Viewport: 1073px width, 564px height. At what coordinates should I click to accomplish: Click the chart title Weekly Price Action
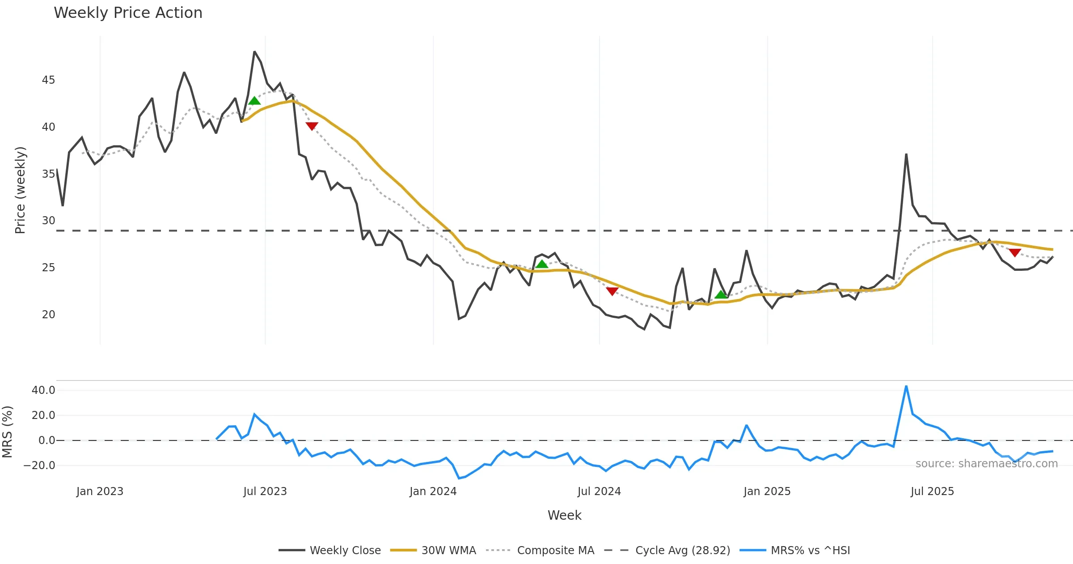128,13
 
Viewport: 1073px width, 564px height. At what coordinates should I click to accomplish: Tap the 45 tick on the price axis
48,80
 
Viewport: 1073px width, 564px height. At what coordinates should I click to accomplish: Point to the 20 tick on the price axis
48,315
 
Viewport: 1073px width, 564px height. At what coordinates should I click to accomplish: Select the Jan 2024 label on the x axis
433,491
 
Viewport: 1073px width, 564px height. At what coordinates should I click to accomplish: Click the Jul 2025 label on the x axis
932,491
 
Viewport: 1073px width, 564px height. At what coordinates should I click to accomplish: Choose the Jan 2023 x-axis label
100,491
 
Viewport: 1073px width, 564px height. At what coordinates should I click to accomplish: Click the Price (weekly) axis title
20,190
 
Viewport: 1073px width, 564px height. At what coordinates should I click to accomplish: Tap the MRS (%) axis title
7,432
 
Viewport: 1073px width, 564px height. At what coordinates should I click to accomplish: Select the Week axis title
564,515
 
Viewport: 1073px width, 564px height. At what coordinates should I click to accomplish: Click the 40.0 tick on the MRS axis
43,390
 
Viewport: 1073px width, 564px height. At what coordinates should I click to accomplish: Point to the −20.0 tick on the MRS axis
39,466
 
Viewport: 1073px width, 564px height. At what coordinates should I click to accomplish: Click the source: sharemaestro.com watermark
986,463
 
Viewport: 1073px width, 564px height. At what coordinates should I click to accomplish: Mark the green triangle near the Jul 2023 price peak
254,101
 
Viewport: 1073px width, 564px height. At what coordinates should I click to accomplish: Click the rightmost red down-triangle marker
1015,253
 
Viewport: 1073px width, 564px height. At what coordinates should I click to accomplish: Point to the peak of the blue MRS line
906,386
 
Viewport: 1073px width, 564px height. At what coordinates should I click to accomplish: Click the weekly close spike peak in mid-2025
906,154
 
